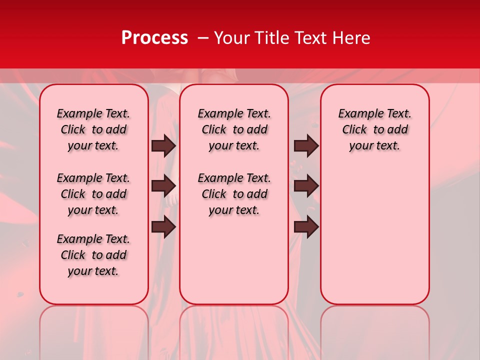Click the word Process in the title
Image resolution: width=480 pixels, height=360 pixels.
pos(154,38)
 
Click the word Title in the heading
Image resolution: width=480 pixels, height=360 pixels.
pos(270,38)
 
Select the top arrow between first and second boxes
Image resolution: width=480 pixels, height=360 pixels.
pos(163,145)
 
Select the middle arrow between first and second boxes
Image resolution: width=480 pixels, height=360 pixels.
pos(163,186)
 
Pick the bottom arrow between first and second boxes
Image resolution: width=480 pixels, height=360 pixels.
pos(163,227)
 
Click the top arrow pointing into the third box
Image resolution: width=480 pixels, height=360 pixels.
pos(306,145)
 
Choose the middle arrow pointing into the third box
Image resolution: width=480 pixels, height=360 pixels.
pos(306,186)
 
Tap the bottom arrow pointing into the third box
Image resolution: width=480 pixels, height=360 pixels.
pos(306,227)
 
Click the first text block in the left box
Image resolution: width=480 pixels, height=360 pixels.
pos(93,129)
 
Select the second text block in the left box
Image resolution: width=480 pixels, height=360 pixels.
pos(93,194)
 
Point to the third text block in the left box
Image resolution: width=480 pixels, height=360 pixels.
pos(93,255)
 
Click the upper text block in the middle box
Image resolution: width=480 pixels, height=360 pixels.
pos(234,129)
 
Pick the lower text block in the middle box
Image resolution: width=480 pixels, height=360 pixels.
pos(234,194)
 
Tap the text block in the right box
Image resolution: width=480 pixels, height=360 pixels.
pos(374,129)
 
